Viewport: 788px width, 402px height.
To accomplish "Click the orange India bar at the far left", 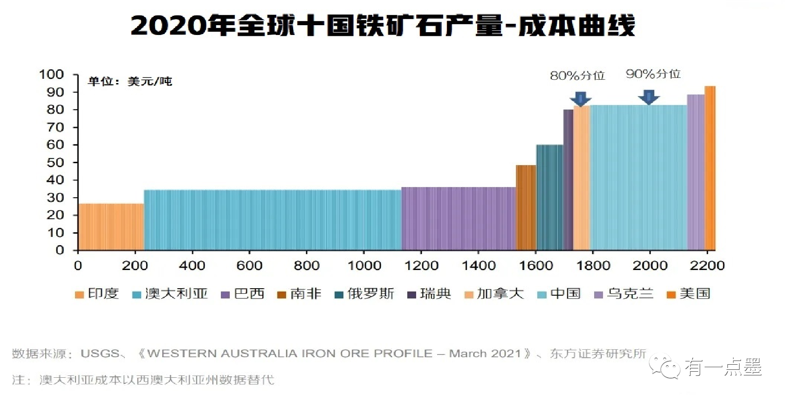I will click(111, 227).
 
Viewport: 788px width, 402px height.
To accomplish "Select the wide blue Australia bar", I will click(273, 220).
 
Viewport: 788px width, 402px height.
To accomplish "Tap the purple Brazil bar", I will click(459, 218).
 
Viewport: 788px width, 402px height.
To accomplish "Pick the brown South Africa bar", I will click(526, 208).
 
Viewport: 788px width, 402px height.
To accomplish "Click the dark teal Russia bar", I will click(549, 197).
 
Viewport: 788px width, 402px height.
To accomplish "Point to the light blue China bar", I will click(638, 177).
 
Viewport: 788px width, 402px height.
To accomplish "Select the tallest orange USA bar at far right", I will click(710, 168).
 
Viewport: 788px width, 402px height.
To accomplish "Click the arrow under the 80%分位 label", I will click(580, 98).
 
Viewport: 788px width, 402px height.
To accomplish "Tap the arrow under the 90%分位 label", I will click(649, 97).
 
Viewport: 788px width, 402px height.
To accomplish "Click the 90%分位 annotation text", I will click(653, 74).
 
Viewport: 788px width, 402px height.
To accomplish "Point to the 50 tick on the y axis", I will click(55, 162).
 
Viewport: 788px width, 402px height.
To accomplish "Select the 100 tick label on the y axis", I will click(51, 75).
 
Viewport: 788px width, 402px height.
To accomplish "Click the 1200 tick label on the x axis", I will click(421, 266).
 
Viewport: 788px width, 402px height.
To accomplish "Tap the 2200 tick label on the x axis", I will click(707, 266).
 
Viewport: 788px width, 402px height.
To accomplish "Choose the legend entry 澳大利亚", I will click(176, 294).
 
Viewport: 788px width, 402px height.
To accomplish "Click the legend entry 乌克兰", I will click(630, 294).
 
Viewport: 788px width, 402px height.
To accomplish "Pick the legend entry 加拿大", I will click(500, 294).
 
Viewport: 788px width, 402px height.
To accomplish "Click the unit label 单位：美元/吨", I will click(130, 82).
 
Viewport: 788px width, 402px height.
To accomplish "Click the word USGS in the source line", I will click(100, 353).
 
